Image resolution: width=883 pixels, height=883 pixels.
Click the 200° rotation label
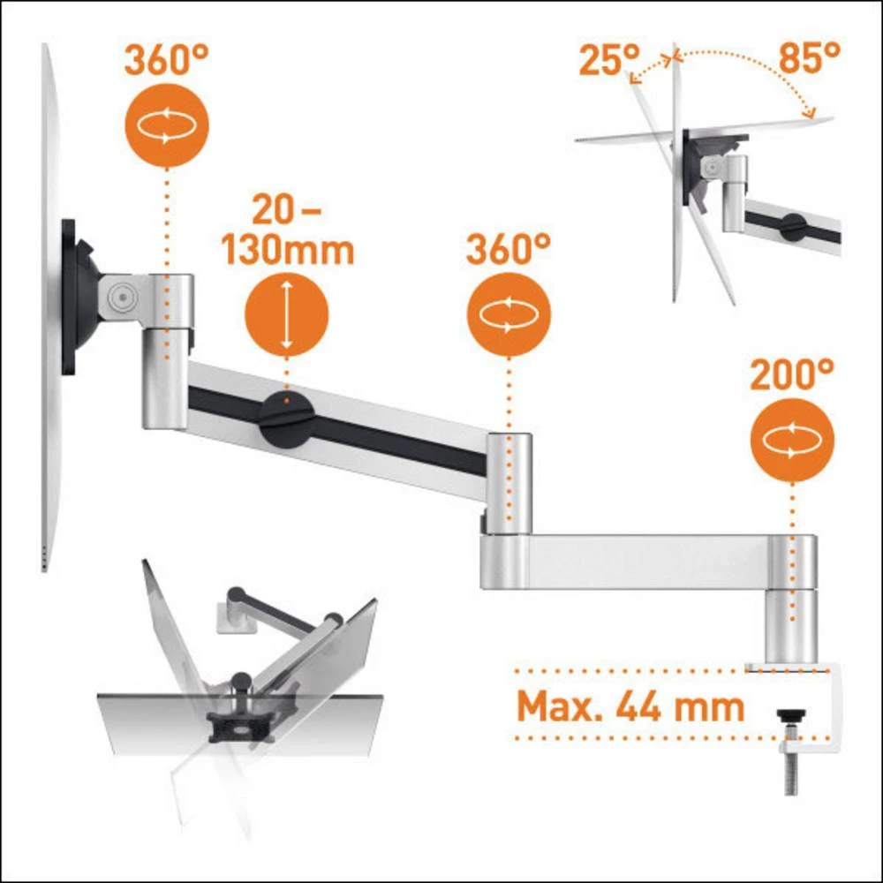791,377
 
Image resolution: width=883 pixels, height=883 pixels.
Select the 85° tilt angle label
809,60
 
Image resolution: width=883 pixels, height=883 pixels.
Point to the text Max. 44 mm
630,706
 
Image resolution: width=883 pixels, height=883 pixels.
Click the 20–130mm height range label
287,232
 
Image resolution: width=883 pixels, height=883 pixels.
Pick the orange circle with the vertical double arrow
286,314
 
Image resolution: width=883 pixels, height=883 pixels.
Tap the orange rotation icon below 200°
791,439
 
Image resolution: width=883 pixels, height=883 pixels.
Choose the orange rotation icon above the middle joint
509,313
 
